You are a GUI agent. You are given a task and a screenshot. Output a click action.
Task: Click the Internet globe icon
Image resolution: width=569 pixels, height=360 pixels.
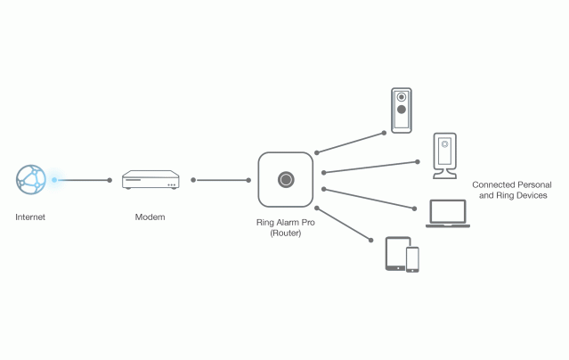[x=30, y=179]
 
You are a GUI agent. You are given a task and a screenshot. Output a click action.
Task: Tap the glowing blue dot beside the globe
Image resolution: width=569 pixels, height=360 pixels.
[x=54, y=180]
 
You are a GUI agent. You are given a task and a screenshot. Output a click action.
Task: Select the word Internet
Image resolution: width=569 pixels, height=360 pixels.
[x=30, y=217]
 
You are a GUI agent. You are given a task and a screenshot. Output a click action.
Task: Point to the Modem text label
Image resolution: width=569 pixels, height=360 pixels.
[x=150, y=217]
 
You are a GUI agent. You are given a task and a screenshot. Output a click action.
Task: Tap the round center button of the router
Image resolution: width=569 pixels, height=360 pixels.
[x=285, y=180]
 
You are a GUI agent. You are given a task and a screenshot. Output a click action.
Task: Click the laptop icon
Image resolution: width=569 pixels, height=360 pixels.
[x=446, y=214]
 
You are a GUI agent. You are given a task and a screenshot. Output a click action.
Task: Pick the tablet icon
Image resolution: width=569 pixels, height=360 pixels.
[x=396, y=253]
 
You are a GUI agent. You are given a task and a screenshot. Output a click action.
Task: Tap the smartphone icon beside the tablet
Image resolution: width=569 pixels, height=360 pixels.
[x=412, y=258]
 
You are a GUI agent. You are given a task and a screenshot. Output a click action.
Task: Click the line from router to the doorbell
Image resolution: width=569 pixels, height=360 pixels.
[x=351, y=143]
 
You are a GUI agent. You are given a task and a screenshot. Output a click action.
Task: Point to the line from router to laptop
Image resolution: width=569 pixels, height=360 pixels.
[x=369, y=199]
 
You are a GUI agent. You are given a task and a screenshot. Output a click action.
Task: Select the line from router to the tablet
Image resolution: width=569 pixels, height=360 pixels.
[x=344, y=225]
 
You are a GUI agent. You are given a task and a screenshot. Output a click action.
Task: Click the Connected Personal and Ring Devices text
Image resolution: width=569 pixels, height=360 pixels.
[x=509, y=189]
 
